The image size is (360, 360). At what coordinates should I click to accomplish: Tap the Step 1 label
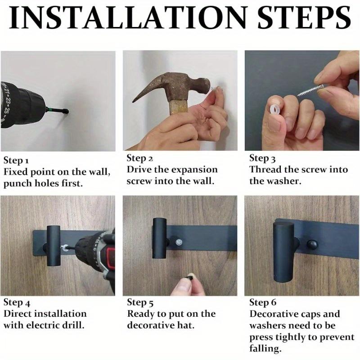(16, 161)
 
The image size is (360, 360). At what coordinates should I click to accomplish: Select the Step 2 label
(139, 158)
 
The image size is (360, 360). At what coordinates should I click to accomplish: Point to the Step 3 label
(262, 158)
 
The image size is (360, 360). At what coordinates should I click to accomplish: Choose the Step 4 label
(17, 302)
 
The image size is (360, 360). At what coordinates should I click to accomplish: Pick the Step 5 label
(140, 302)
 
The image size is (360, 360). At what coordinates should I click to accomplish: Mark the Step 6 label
(263, 302)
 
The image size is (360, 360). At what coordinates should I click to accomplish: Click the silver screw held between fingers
(310, 90)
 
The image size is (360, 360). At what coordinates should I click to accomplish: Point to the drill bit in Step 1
(57, 111)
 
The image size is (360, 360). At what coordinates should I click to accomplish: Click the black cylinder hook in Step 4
(54, 246)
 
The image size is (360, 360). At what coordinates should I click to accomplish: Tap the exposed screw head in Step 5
(179, 242)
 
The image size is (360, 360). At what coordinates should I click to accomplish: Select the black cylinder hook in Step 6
(283, 252)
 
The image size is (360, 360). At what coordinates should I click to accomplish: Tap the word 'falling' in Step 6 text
(265, 349)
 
